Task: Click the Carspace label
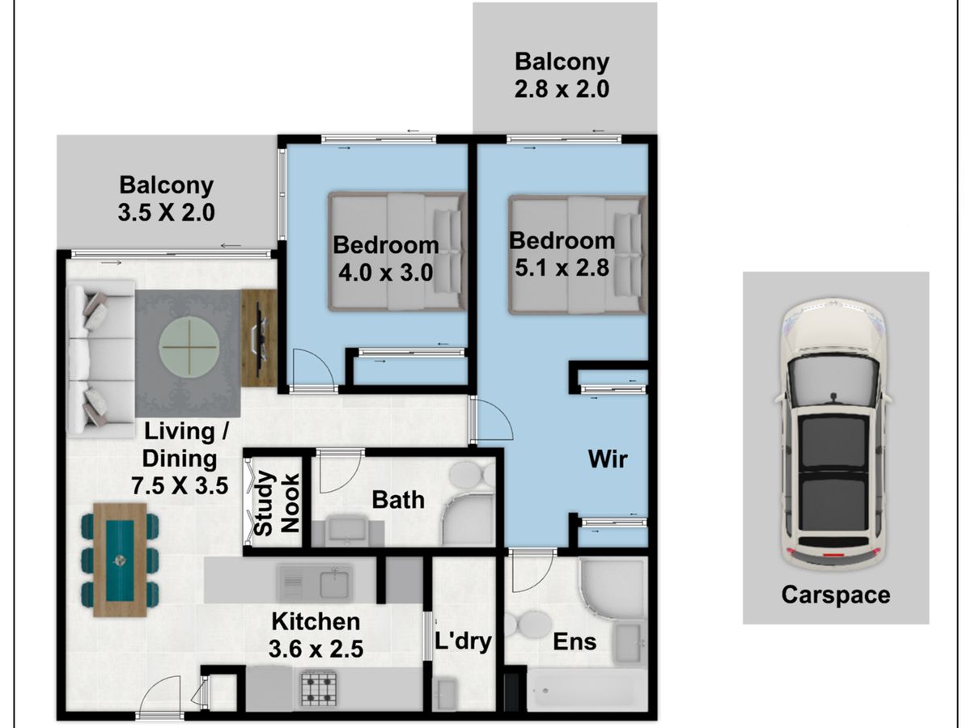836,595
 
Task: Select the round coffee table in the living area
189,346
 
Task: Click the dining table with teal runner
120,561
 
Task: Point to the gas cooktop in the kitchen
319,688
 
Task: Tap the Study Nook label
277,503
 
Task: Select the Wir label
608,459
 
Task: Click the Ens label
575,641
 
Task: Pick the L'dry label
463,641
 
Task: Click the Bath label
398,500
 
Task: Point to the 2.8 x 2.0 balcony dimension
562,89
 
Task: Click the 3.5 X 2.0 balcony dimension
167,213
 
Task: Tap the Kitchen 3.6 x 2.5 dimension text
316,635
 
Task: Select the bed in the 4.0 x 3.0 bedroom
397,252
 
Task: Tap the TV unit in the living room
259,338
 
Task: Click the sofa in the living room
101,359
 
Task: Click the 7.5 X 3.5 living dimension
180,486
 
